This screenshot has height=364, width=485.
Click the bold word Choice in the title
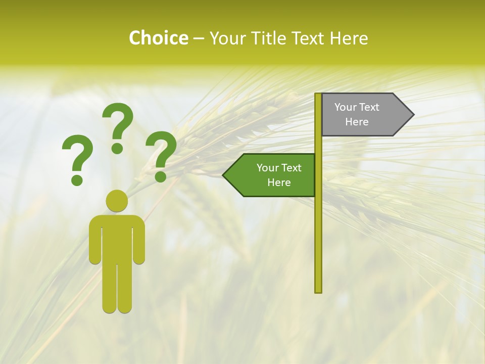point(158,38)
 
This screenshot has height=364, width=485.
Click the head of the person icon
point(117,201)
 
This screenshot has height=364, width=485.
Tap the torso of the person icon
point(117,238)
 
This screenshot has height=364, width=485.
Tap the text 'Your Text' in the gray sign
point(357,107)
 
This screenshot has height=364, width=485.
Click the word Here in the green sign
point(279,183)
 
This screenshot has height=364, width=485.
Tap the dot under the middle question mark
point(117,148)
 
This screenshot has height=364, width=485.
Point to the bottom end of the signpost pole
point(318,291)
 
